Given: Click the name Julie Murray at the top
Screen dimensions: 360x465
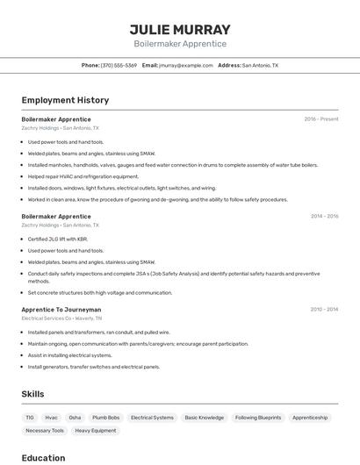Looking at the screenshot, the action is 180,29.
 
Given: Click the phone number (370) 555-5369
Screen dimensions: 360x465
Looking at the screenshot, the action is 119,66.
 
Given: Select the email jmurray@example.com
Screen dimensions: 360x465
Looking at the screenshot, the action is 185,66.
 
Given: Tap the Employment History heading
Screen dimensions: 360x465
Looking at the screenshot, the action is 65,101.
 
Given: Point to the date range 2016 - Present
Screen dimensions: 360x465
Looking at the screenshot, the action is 320,119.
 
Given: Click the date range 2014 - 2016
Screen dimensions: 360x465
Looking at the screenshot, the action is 324,216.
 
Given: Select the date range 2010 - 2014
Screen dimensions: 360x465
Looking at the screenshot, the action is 324,310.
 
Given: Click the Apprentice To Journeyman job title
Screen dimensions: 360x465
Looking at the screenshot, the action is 61,310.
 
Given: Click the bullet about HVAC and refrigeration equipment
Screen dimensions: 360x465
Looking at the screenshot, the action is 83,176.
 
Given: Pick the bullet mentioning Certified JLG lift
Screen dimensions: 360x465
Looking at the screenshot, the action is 58,239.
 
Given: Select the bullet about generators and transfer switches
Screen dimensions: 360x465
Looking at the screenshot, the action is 94,367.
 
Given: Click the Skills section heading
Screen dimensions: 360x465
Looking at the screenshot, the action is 32,395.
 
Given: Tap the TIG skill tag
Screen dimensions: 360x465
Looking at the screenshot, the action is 30,418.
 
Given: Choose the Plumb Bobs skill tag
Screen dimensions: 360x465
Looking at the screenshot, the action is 105,418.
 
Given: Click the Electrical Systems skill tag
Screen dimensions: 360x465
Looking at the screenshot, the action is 152,418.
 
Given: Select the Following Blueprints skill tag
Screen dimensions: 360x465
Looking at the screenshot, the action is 258,418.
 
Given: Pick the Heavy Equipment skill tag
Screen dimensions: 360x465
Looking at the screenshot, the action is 95,431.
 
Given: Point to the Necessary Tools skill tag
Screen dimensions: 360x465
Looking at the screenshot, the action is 45,431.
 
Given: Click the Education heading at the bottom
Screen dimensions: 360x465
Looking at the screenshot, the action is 43,458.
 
